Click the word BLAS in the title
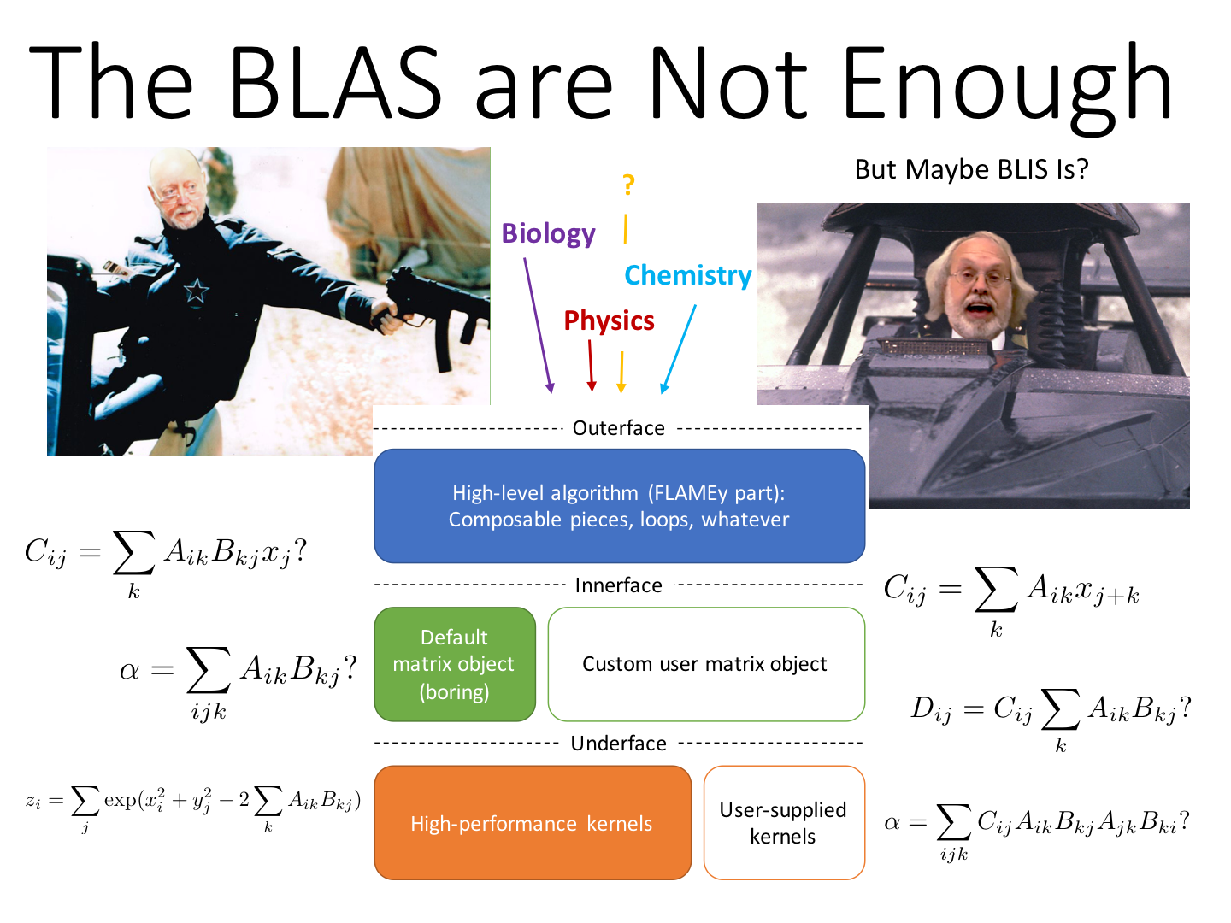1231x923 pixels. coord(335,82)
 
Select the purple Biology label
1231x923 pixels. coord(548,233)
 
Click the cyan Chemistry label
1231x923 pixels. coord(687,276)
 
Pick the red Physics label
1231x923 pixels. coord(609,320)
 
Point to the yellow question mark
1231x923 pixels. coord(628,185)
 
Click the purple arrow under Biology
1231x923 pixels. coord(539,325)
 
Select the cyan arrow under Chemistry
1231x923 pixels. coord(679,349)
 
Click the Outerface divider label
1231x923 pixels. coord(618,428)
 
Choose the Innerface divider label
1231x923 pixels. coord(619,585)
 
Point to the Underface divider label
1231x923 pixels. coord(619,744)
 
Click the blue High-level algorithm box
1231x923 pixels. coord(619,506)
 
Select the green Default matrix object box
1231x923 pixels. coord(454,665)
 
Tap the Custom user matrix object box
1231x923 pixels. coord(706,665)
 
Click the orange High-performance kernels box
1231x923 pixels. coord(533,823)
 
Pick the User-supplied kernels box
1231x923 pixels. coord(784,823)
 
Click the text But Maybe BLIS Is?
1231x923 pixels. coord(971,169)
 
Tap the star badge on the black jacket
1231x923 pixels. coord(196,291)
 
